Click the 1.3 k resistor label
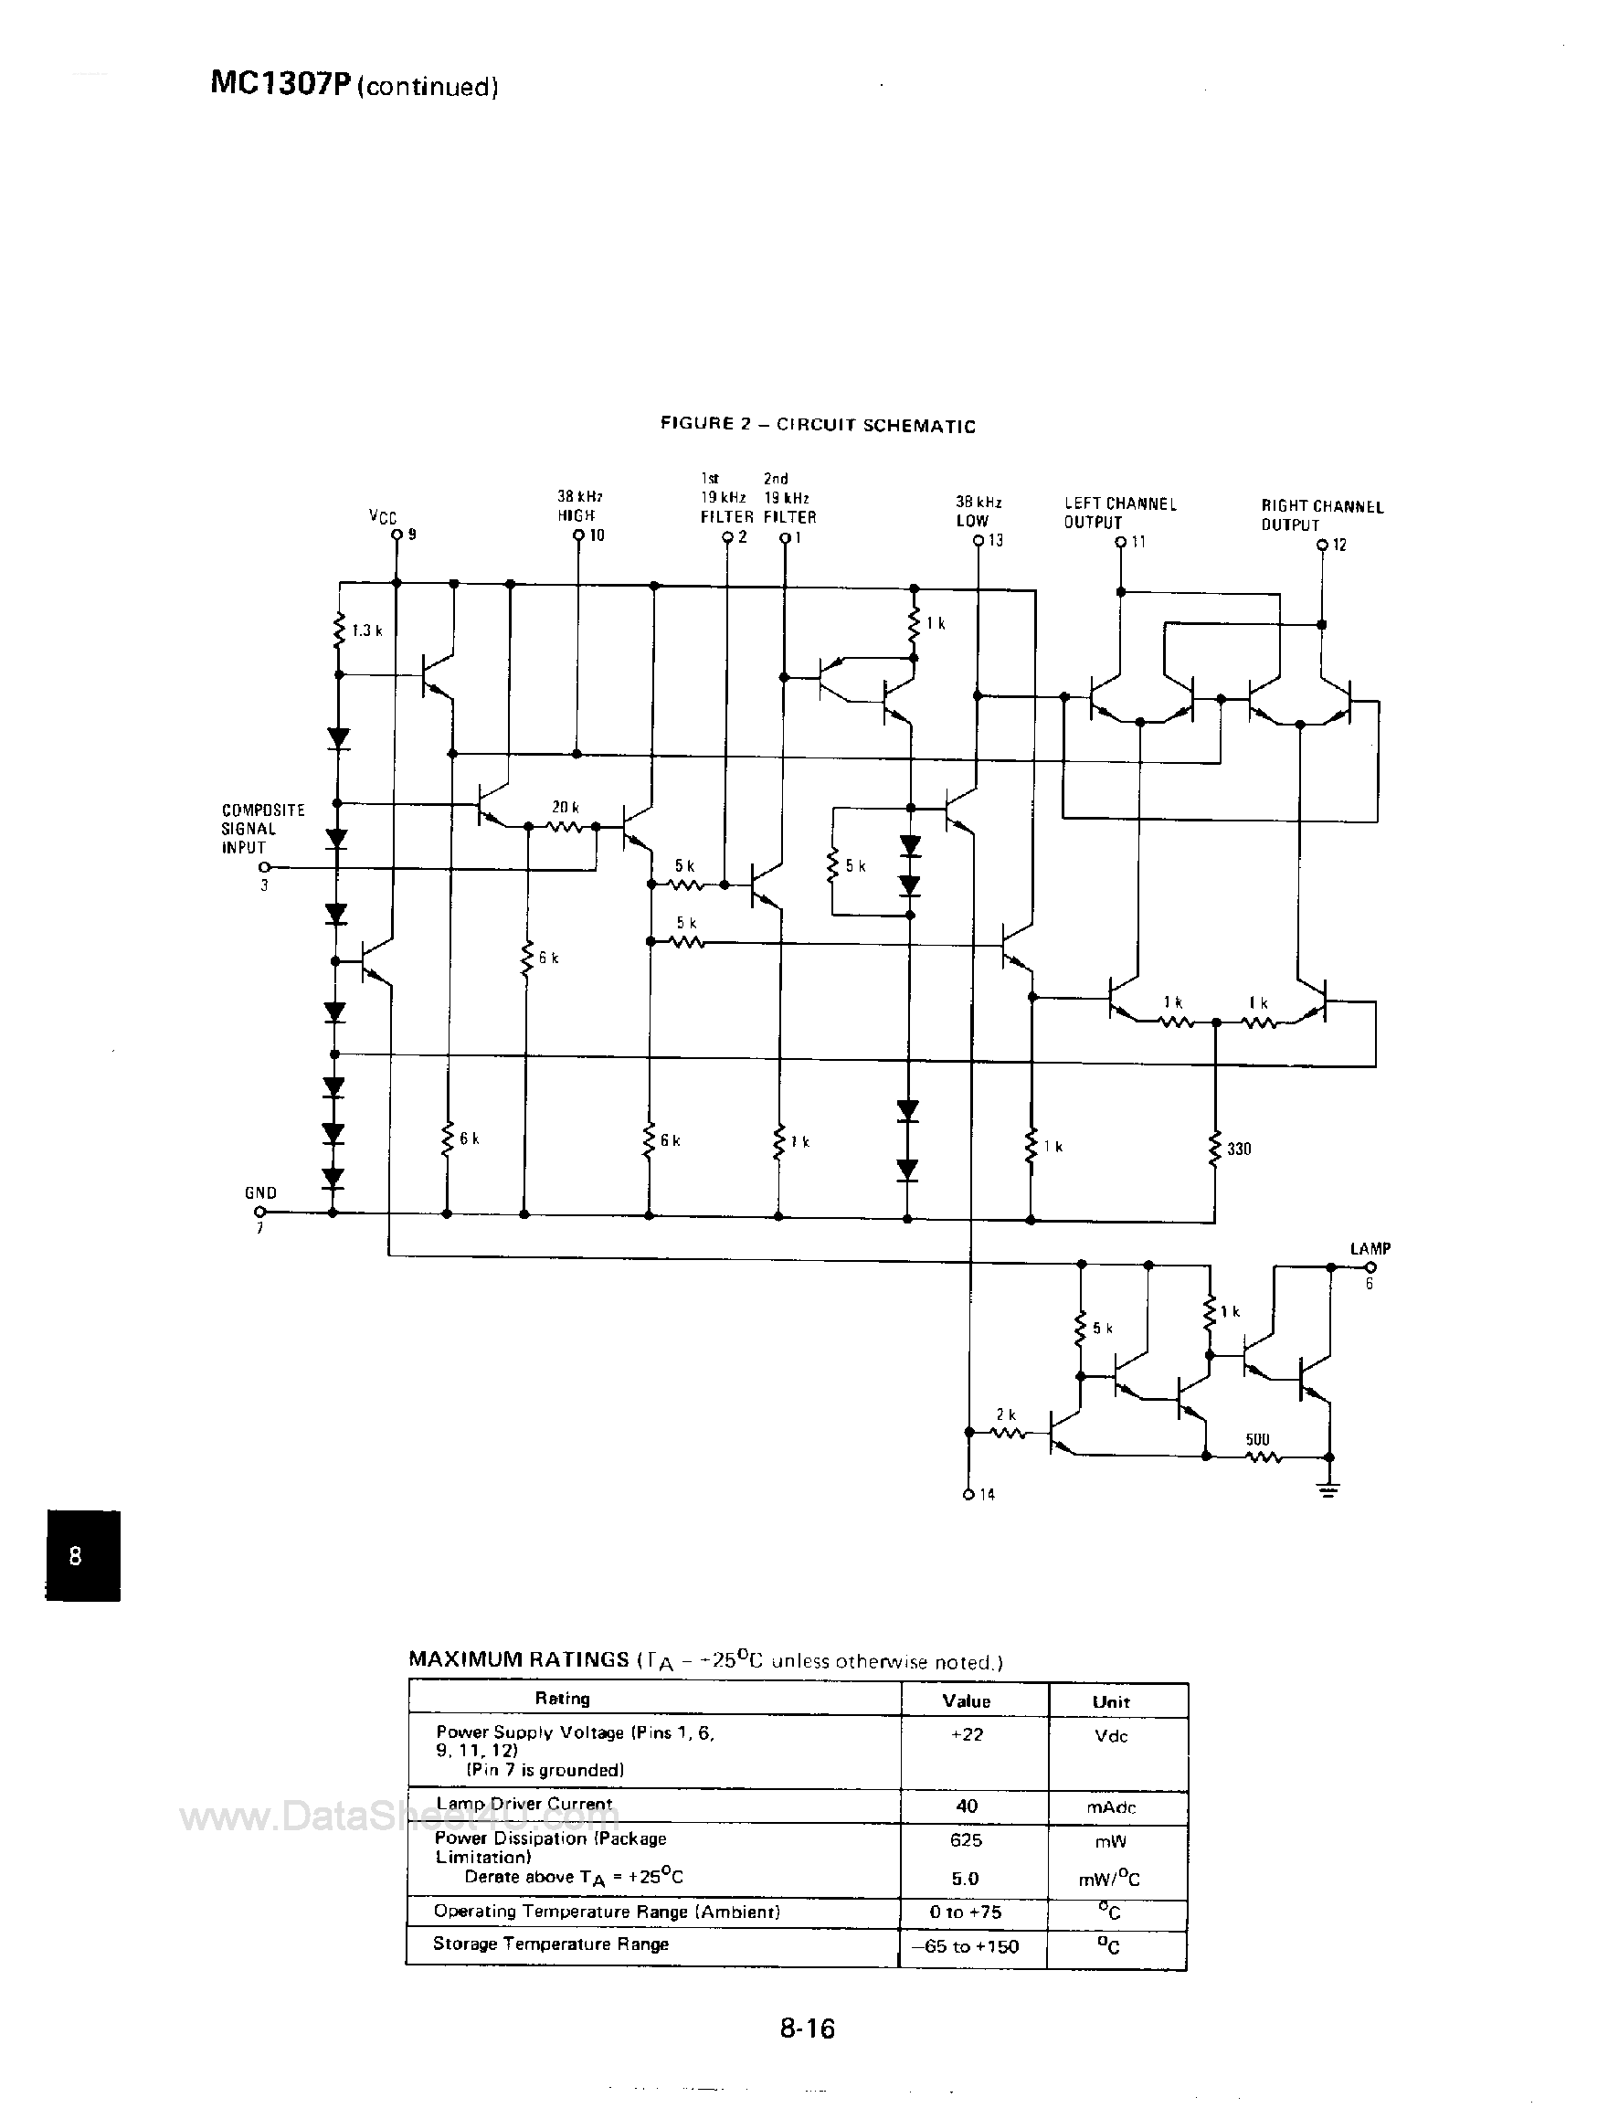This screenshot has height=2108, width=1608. (367, 630)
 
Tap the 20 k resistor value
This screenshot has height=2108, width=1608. (566, 808)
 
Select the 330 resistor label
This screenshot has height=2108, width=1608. (1240, 1149)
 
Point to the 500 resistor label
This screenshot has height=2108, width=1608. (1258, 1440)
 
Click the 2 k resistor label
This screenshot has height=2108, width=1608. (1005, 1414)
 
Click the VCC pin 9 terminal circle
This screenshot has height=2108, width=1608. (397, 537)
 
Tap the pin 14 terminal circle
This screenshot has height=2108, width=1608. (968, 1494)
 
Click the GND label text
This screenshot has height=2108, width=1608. (260, 1192)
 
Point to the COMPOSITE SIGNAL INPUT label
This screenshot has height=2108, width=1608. (262, 829)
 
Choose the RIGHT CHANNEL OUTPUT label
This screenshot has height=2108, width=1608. (1322, 515)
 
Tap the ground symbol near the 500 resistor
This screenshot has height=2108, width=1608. (1328, 1489)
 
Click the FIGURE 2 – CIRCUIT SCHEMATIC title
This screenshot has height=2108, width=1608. (818, 425)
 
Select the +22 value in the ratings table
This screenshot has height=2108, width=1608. (967, 1734)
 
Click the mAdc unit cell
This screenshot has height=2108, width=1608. (1112, 1807)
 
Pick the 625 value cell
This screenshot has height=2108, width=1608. (967, 1840)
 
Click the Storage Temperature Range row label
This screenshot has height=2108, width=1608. (550, 1944)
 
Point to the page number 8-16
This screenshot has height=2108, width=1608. (807, 2028)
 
